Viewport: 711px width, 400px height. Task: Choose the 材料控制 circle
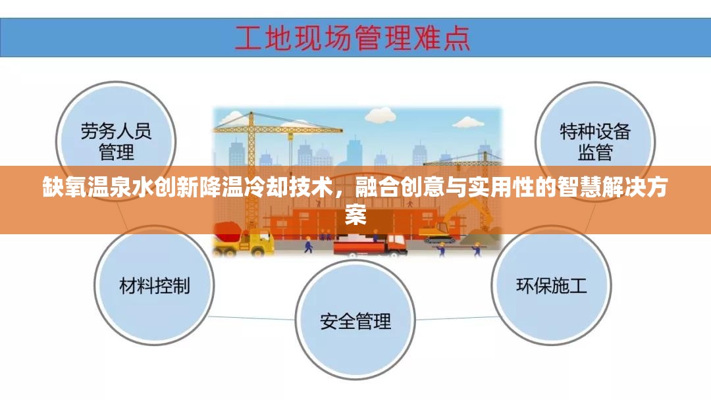click(x=155, y=286)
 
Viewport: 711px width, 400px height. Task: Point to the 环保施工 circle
click(x=552, y=286)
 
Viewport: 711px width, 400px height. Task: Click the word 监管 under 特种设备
click(x=595, y=153)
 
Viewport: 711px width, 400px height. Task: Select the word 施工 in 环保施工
click(x=569, y=286)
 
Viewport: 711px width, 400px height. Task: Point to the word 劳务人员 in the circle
click(x=117, y=131)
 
